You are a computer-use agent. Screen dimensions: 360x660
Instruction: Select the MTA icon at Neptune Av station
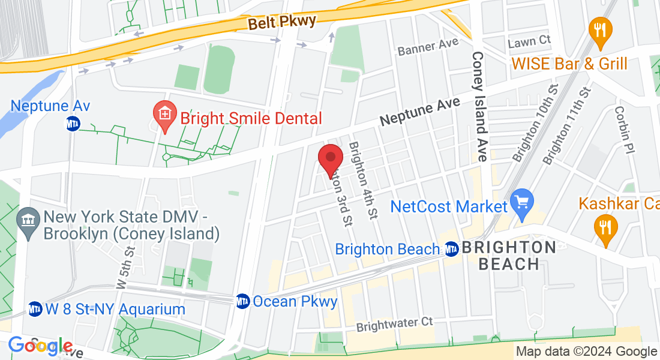click(x=73, y=125)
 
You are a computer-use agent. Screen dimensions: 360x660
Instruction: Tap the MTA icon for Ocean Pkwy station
click(x=242, y=301)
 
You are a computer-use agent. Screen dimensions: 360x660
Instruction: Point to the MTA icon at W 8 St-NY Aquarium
click(x=35, y=309)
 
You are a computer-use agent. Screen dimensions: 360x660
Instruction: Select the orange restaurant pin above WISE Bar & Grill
click(x=599, y=32)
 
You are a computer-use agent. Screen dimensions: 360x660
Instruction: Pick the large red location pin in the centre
click(x=330, y=160)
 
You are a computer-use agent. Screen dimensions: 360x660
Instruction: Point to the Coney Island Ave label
click(x=479, y=107)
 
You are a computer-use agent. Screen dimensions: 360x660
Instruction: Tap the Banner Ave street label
click(x=428, y=47)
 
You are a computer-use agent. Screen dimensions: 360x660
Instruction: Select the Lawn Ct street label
click(x=529, y=41)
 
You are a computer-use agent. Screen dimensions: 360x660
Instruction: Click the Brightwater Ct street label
click(x=394, y=325)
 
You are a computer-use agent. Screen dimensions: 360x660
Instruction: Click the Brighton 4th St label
click(x=364, y=179)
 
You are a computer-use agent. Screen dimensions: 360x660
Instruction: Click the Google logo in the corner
click(x=40, y=346)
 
